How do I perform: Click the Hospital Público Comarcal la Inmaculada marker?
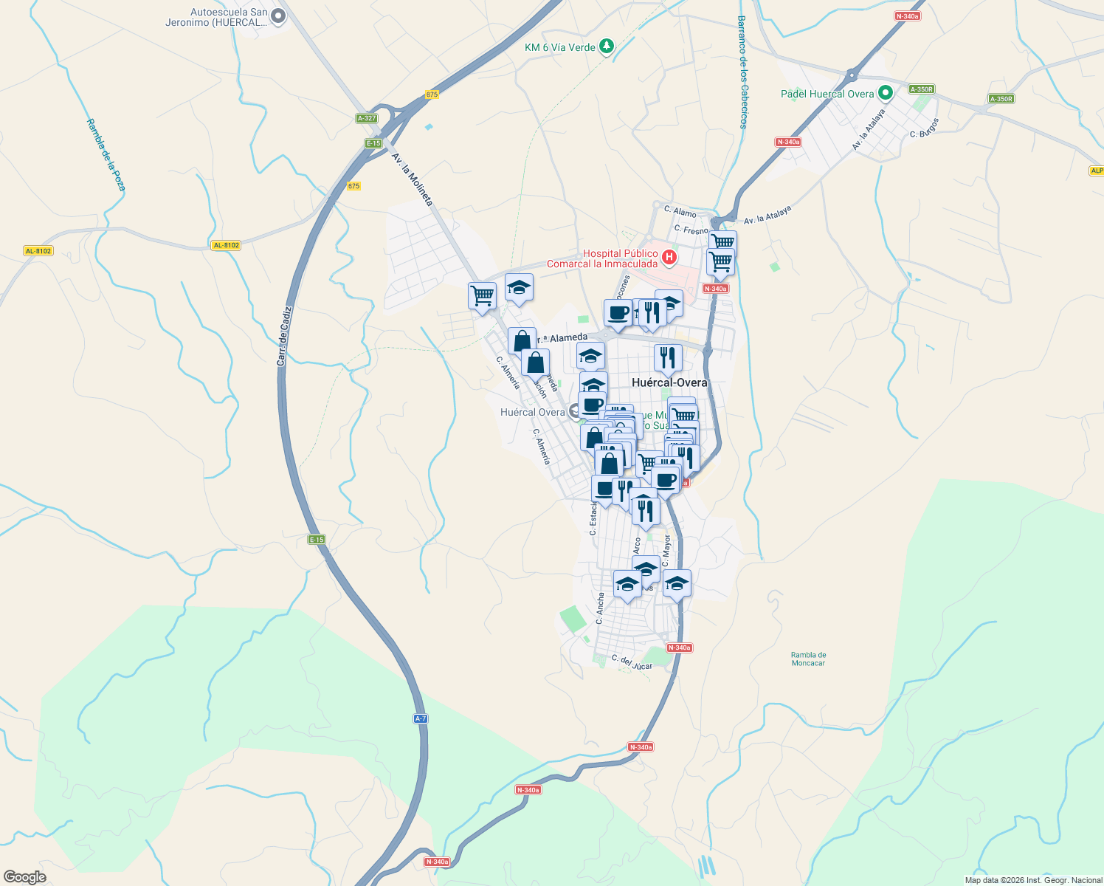(x=669, y=257)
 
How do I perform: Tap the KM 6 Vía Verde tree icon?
(x=606, y=47)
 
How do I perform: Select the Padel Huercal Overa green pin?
(x=886, y=93)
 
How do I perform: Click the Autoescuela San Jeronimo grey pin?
(x=278, y=15)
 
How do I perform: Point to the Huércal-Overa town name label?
(x=669, y=382)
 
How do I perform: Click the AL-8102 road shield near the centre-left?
(x=226, y=245)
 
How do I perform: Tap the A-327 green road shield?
(x=367, y=118)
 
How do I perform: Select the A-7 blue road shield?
(x=420, y=718)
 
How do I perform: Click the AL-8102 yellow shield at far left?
(x=38, y=251)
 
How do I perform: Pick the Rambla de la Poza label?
(x=106, y=155)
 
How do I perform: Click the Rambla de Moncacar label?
(x=808, y=659)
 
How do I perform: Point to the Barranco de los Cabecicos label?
(x=742, y=72)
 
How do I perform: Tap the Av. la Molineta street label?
(x=412, y=179)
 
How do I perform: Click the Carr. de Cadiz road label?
(x=283, y=336)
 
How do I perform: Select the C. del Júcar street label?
(x=632, y=662)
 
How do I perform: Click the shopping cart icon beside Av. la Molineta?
(x=482, y=295)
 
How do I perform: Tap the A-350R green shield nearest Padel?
(x=921, y=89)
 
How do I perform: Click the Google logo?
(x=25, y=877)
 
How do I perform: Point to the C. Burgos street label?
(x=925, y=128)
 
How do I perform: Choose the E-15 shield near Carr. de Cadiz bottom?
(x=317, y=540)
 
